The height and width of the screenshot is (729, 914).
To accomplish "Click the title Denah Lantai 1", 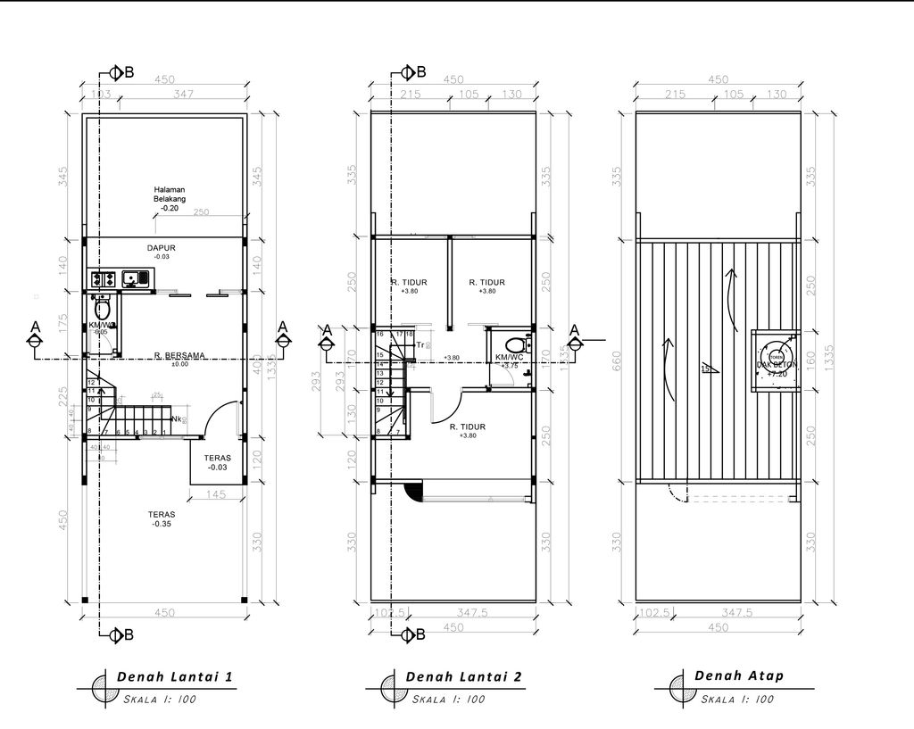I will point(174,677).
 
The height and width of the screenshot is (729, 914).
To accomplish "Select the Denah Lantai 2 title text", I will point(463,677).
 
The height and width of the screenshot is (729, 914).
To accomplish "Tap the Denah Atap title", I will point(739,675).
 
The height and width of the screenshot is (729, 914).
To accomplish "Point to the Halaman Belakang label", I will point(169,198).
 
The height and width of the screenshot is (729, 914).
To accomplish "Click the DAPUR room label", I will point(162,249).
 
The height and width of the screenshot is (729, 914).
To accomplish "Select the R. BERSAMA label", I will point(179,355).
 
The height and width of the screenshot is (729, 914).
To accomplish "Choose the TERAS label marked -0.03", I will point(218,462).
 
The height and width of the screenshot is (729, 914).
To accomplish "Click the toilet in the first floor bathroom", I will point(102,311).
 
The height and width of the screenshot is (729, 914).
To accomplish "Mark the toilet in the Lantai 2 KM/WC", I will point(515,344).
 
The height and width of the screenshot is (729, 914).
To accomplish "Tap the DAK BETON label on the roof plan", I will point(775,366).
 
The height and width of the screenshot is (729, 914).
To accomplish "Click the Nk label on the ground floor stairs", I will point(178,419).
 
